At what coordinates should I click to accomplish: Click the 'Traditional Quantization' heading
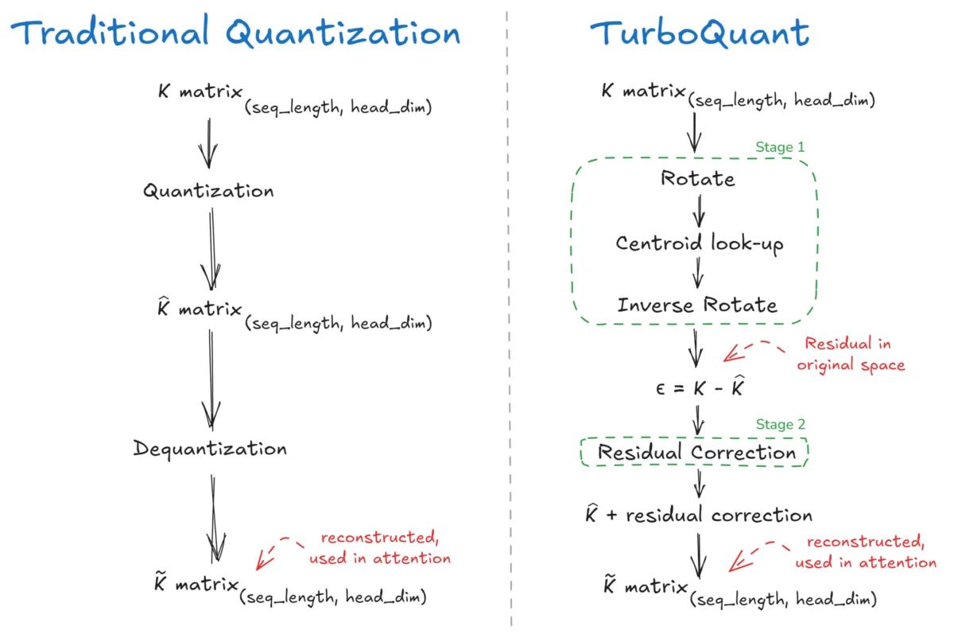tap(236, 33)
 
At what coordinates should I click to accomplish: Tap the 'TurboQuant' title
tap(700, 33)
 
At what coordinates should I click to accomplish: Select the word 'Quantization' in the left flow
tap(208, 192)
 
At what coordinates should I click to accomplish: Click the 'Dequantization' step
tap(210, 449)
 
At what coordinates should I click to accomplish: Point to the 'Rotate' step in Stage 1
tap(698, 178)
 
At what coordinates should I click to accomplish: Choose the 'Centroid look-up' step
tap(700, 243)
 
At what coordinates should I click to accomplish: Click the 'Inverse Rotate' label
tap(697, 305)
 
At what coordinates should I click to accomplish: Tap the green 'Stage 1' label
tap(779, 148)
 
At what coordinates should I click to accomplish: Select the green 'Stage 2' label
tap(774, 425)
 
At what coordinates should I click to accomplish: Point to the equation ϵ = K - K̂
tap(697, 388)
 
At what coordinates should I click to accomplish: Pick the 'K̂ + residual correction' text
tap(698, 515)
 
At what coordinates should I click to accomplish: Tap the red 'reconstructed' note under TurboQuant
tap(866, 552)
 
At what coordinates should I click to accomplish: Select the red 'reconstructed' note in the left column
tap(380, 548)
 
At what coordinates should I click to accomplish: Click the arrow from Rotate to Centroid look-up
tap(699, 210)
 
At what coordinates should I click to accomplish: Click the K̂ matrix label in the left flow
tap(199, 310)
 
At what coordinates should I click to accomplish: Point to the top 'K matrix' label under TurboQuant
tap(644, 92)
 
